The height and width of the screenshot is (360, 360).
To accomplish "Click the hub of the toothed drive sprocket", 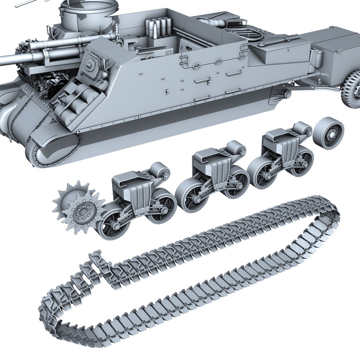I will coord(82,211).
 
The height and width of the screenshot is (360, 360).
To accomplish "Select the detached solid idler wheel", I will coord(328,133).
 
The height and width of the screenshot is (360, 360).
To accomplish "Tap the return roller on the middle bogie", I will coord(236,148).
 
